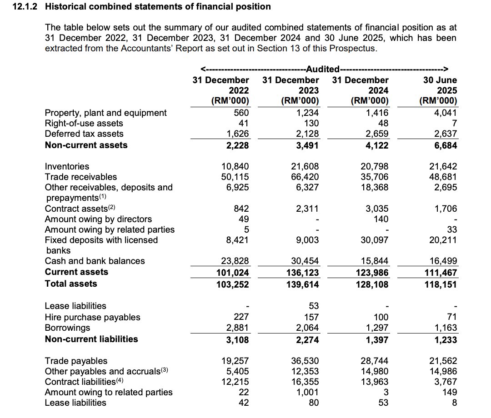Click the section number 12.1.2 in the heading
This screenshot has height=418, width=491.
[x=26, y=7]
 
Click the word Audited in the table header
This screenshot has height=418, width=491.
[x=323, y=69]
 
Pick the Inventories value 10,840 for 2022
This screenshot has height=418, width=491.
[x=235, y=166]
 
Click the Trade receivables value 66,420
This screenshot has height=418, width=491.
[x=305, y=177]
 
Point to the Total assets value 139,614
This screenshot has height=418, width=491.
[x=302, y=284]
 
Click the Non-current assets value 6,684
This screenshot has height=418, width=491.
[x=444, y=145]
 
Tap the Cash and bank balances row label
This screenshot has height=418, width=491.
[x=95, y=261]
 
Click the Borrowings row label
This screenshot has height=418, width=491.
[x=67, y=328]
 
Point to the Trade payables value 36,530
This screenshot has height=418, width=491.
[x=305, y=361]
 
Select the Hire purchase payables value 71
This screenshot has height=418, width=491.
[x=451, y=317]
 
